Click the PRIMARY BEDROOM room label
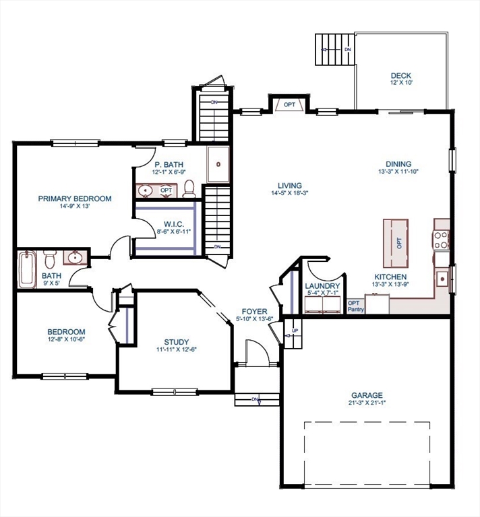pyautogui.click(x=74, y=199)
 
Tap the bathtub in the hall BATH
pyautogui.click(x=27, y=269)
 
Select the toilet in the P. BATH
pyautogui.click(x=189, y=189)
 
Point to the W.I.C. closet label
pyautogui.click(x=165, y=225)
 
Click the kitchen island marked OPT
pyautogui.click(x=398, y=242)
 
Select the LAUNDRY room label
pyautogui.click(x=323, y=285)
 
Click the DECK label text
pyautogui.click(x=401, y=75)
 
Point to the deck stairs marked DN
pyautogui.click(x=334, y=49)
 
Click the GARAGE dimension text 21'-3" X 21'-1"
pyautogui.click(x=366, y=403)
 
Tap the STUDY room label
pyautogui.click(x=177, y=341)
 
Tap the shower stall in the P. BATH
pyautogui.click(x=217, y=164)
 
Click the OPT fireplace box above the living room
pyautogui.click(x=289, y=105)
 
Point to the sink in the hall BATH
pyautogui.click(x=74, y=258)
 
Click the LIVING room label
pyautogui.click(x=289, y=186)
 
